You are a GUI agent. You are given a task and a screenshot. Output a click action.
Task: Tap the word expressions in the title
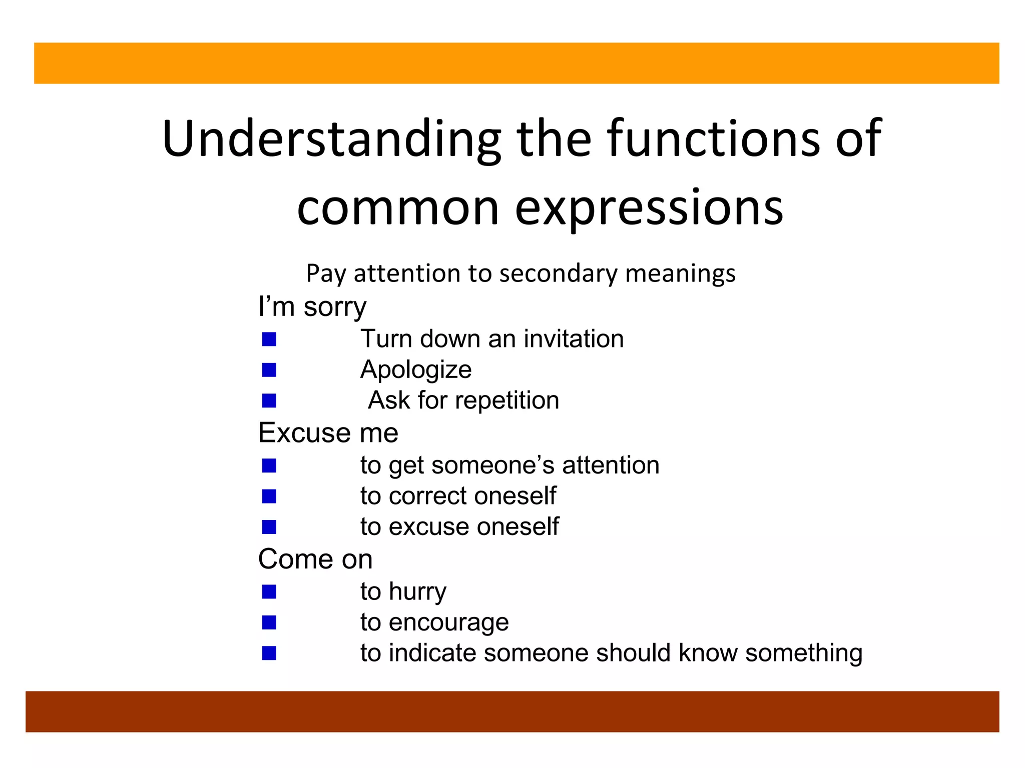(x=649, y=207)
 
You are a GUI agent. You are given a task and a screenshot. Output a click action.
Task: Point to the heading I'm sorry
(x=312, y=306)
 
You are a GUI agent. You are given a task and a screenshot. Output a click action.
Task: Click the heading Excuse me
(x=328, y=432)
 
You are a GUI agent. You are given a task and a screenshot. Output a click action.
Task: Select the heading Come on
(x=315, y=559)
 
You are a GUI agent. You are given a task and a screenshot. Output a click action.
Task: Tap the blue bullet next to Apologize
(x=269, y=370)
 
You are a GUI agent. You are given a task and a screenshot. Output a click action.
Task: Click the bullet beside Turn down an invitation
(x=269, y=339)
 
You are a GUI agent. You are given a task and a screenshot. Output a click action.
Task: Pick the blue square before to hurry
(x=269, y=592)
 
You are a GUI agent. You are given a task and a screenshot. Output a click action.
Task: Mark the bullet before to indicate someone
(x=269, y=653)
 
